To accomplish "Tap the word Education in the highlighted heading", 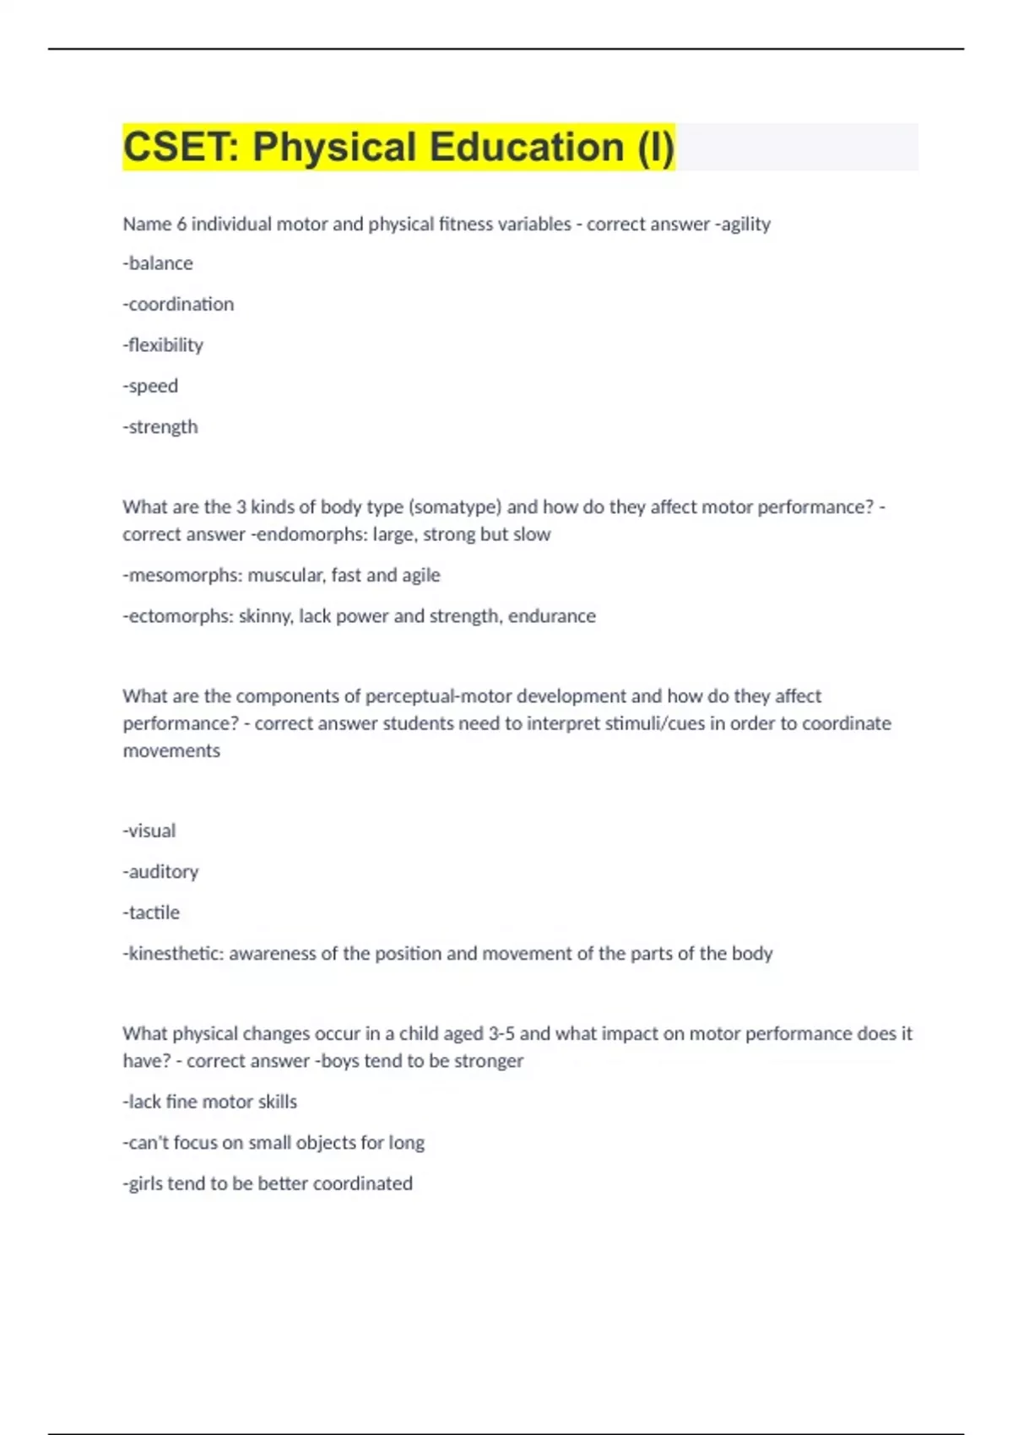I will pyautogui.click(x=526, y=147).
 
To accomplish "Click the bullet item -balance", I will pyautogui.click(x=158, y=263).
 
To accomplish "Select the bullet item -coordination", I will pyautogui.click(x=178, y=304).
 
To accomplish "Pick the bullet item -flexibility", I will pyautogui.click(x=163, y=345).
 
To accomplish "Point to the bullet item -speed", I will pyautogui.click(x=150, y=386).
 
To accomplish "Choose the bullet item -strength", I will pyautogui.click(x=160, y=427).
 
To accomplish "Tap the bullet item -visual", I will pyautogui.click(x=149, y=831).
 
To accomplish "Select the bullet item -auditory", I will pyautogui.click(x=160, y=871).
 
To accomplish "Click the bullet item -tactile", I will pyautogui.click(x=151, y=912).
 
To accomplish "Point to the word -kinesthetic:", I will pyautogui.click(x=173, y=953).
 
